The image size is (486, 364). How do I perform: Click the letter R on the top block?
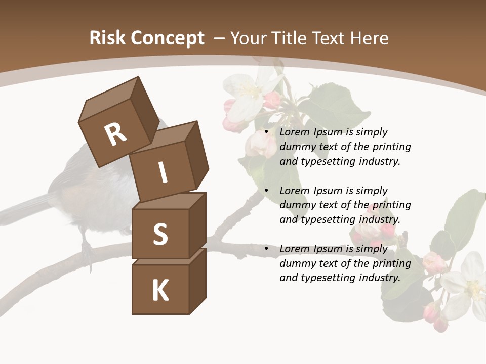(115, 134)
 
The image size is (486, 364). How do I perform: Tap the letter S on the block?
(160, 234)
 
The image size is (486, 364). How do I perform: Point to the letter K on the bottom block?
(160, 290)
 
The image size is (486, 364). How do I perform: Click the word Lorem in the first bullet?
(294, 132)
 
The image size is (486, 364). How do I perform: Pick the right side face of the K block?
(197, 281)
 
